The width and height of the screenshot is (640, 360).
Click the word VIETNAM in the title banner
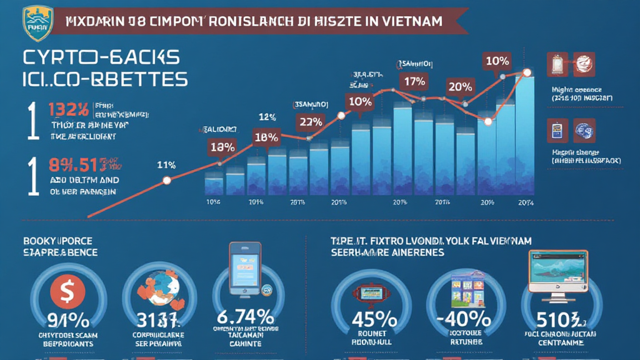point(409,21)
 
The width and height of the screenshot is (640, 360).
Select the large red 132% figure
point(68,111)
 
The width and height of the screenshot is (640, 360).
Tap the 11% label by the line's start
point(166,165)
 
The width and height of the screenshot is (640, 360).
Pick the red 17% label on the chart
point(415,81)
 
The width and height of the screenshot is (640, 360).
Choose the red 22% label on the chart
point(310,122)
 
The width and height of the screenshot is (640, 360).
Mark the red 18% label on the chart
point(266,137)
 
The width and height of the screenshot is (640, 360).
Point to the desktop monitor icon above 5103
point(557,272)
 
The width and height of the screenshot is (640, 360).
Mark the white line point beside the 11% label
point(166,181)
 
